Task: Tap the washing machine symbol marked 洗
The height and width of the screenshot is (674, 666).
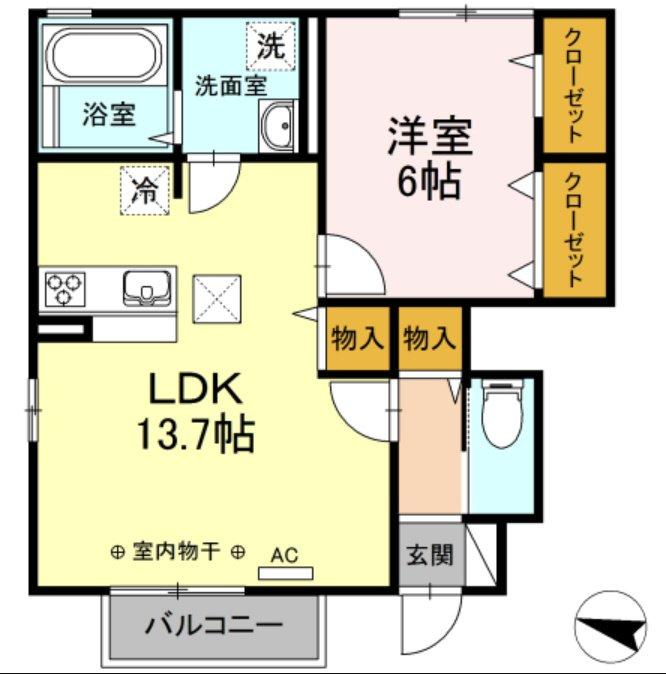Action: (271, 46)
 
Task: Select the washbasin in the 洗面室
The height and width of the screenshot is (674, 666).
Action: (278, 126)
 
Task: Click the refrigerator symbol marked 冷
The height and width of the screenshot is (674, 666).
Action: (144, 190)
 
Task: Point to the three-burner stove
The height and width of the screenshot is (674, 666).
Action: (64, 289)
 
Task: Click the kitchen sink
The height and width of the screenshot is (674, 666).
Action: (147, 288)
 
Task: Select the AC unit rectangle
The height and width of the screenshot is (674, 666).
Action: (285, 573)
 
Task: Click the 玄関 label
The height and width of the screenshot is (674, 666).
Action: (430, 554)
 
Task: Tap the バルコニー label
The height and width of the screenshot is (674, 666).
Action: (214, 625)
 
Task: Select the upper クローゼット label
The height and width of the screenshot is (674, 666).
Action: (574, 85)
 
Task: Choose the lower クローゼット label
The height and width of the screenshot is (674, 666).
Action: (574, 230)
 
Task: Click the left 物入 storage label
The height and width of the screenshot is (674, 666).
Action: (357, 338)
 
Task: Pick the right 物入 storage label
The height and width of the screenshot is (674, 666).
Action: (430, 338)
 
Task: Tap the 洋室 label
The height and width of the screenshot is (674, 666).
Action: (430, 136)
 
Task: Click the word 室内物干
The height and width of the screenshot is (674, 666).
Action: (177, 551)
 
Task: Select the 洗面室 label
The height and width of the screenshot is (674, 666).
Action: (231, 85)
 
